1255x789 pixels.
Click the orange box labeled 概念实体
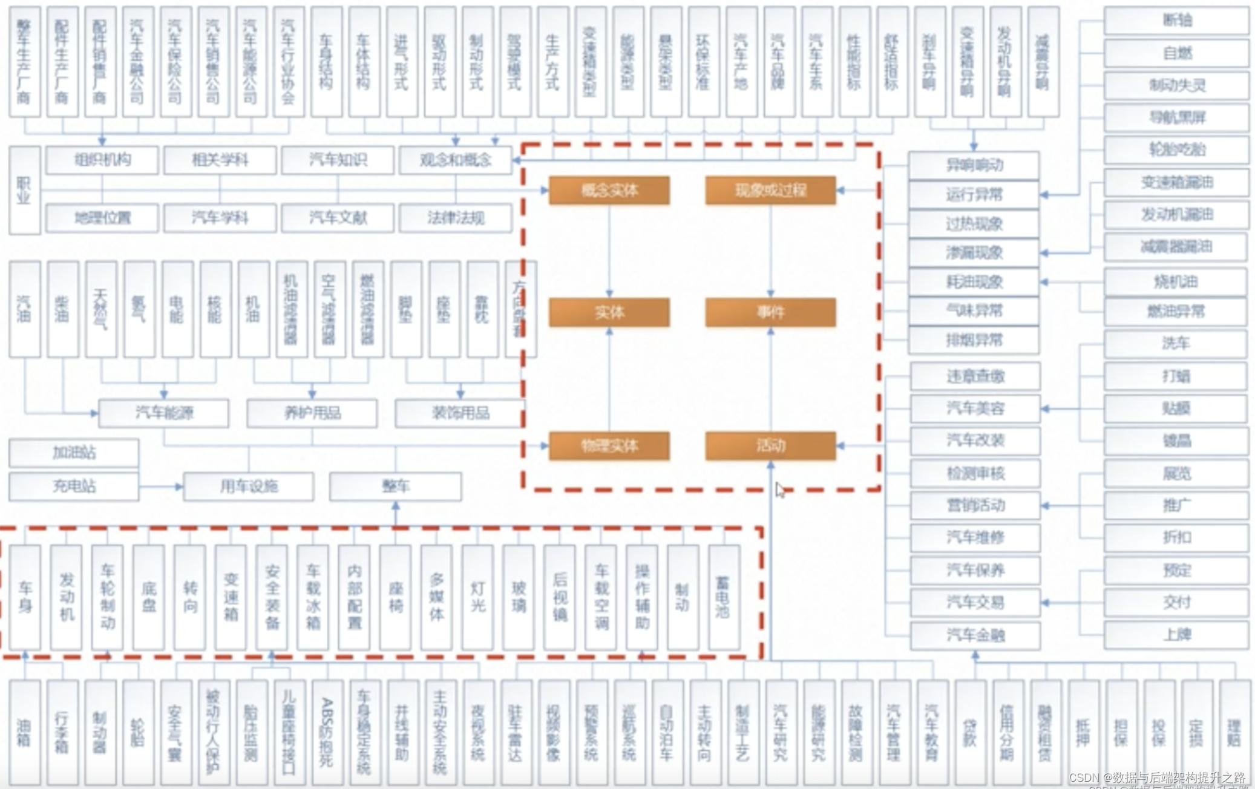coord(609,191)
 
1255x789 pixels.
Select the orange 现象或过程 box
coord(770,191)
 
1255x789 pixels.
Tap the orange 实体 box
coord(609,312)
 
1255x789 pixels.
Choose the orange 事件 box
coord(770,312)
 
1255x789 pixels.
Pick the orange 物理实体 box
coord(609,446)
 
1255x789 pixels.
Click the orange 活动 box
coord(770,446)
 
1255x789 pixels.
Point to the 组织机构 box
coord(102,160)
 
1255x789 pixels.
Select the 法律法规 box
coord(456,218)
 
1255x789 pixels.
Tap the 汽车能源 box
coord(163,413)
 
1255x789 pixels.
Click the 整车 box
coord(395,486)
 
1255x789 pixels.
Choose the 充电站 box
coord(74,486)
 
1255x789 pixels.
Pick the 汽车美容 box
coord(975,409)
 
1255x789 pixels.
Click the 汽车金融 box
coord(975,635)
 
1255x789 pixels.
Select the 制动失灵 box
coord(1176,85)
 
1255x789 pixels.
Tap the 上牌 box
coord(1176,635)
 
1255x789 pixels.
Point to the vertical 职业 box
coord(24,190)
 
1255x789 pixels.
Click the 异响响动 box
coord(974,165)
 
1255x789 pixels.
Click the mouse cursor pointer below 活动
coord(779,489)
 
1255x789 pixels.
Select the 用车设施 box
coord(248,486)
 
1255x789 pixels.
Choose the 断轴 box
coord(1176,21)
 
